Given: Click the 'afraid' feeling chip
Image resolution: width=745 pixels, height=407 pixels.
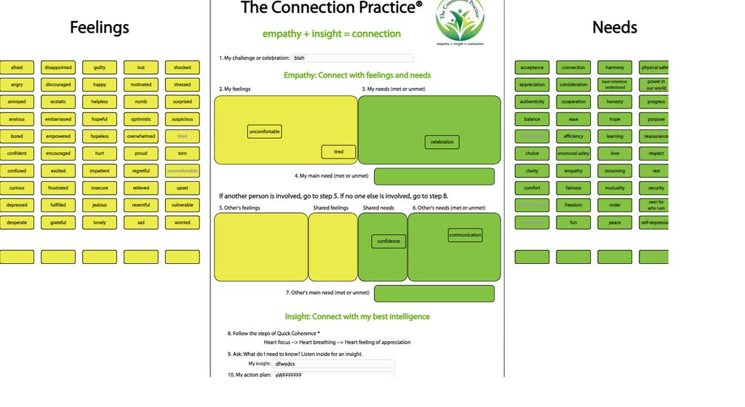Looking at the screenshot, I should pyautogui.click(x=17, y=68).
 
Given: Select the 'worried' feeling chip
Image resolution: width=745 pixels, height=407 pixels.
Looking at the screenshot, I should pyautogui.click(x=182, y=222).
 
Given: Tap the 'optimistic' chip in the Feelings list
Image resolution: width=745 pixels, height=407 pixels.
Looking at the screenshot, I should pyautogui.click(x=140, y=119).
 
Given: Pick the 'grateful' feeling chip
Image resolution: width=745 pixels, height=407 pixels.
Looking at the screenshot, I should pyautogui.click(x=58, y=222).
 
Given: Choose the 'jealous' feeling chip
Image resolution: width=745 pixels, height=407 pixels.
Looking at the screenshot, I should pyautogui.click(x=100, y=205).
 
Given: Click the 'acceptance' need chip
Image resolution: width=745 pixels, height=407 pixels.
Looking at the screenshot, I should pyautogui.click(x=532, y=68).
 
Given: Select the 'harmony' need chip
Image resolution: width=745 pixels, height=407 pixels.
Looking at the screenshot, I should pyautogui.click(x=615, y=68).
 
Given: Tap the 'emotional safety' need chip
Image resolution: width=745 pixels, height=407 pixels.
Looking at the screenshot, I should pyautogui.click(x=573, y=153).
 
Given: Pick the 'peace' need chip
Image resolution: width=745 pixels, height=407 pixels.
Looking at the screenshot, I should pyautogui.click(x=615, y=222).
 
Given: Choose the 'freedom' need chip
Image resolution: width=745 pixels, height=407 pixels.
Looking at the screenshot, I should pyautogui.click(x=573, y=205).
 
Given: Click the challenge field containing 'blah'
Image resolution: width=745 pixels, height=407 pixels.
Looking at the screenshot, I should pyautogui.click(x=352, y=58).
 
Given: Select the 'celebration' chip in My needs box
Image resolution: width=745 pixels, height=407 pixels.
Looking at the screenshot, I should pyautogui.click(x=442, y=142).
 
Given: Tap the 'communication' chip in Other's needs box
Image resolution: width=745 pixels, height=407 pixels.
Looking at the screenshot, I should pyautogui.click(x=465, y=235).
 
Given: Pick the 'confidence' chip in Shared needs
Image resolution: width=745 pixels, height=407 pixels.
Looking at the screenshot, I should pyautogui.click(x=389, y=241).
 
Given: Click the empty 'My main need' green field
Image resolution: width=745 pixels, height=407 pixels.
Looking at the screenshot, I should pyautogui.click(x=434, y=177).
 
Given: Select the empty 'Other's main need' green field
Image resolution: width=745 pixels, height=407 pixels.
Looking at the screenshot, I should pyautogui.click(x=434, y=293).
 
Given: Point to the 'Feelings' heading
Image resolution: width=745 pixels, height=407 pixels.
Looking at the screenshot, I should pyautogui.click(x=100, y=28).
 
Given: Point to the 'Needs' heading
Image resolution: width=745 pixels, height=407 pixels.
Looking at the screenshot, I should pyautogui.click(x=615, y=28).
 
